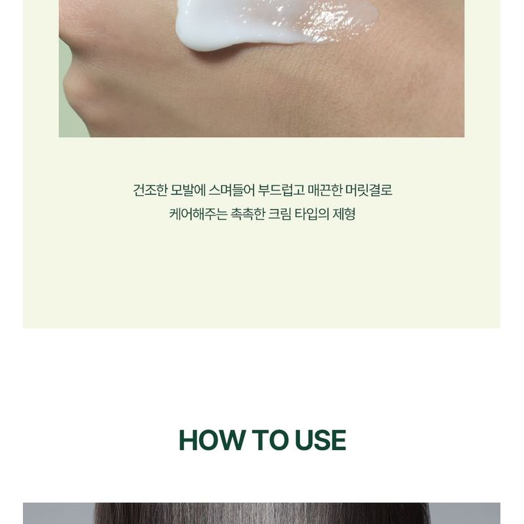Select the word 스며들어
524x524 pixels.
(x=233, y=191)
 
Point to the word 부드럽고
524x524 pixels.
(x=282, y=191)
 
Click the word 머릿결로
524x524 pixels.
(x=372, y=191)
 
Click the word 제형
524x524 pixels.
(x=346, y=214)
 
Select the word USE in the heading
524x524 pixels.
(x=320, y=440)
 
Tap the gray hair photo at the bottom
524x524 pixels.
(x=262, y=514)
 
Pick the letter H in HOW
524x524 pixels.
(x=188, y=440)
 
